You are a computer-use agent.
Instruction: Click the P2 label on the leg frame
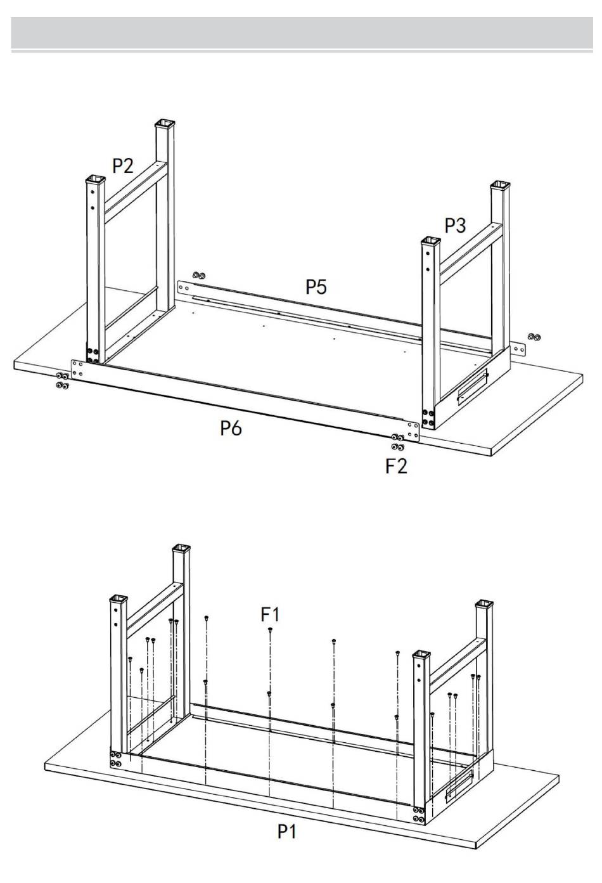point(123,165)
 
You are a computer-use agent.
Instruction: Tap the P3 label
point(455,226)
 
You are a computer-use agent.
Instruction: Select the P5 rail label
point(316,287)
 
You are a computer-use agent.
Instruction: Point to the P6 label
point(231,428)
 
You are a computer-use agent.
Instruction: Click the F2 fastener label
point(396,465)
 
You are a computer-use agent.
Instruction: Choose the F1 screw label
point(271,614)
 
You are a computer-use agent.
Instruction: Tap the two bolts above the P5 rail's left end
point(198,274)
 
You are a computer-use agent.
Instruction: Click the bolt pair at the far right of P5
point(534,336)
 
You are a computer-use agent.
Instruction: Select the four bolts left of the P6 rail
point(62,380)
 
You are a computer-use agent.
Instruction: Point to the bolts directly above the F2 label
point(398,442)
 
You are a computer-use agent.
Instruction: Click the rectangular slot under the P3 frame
point(473,388)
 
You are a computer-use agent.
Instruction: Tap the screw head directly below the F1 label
point(270,630)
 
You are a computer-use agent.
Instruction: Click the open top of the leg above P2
point(165,123)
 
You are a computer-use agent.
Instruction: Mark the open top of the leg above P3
point(501,184)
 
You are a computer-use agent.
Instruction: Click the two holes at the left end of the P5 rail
point(184,287)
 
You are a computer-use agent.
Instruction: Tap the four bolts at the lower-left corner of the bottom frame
point(115,759)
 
